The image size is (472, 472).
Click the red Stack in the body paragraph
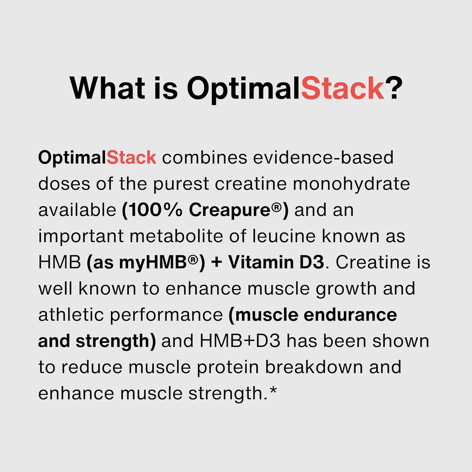[131, 158]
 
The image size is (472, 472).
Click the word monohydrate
[351, 184]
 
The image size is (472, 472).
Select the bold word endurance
[350, 315]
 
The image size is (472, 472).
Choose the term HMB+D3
[240, 341]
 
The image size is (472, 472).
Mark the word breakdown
[314, 367]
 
